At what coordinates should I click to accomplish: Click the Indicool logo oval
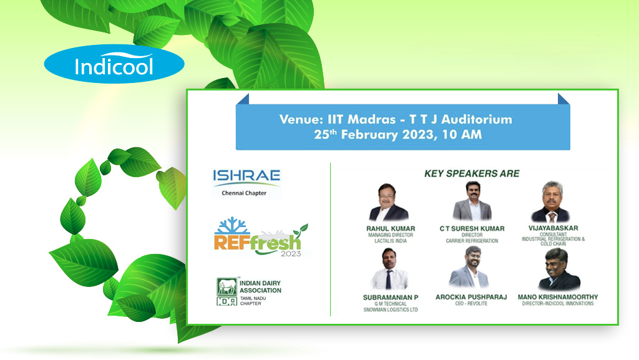114,64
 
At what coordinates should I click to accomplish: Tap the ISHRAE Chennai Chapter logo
246,183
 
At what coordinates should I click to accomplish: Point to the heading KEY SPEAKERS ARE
472,173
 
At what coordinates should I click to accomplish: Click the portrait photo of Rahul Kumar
388,202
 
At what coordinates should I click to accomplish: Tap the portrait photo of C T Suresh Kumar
472,201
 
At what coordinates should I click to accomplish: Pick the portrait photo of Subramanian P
389,269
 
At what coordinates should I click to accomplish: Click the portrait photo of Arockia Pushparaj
469,268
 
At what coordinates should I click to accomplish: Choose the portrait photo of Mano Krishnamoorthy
559,269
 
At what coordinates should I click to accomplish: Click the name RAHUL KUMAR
391,229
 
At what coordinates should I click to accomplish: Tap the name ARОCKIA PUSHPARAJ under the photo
471,297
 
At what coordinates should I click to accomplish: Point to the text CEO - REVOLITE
471,304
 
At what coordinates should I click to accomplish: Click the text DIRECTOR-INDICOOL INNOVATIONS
558,304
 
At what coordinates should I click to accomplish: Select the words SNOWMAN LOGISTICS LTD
391,310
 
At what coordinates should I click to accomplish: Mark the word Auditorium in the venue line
477,119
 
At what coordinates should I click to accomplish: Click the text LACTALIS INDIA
391,241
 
